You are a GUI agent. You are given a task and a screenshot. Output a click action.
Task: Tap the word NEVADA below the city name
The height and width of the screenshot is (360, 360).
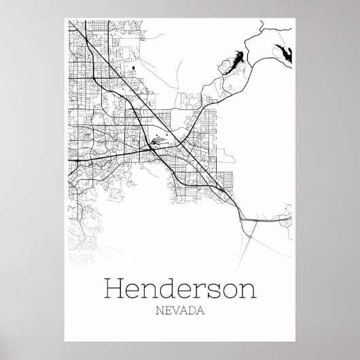(x=180, y=313)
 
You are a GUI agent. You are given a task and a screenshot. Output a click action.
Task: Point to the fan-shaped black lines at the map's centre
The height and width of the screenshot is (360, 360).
(x=157, y=141)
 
